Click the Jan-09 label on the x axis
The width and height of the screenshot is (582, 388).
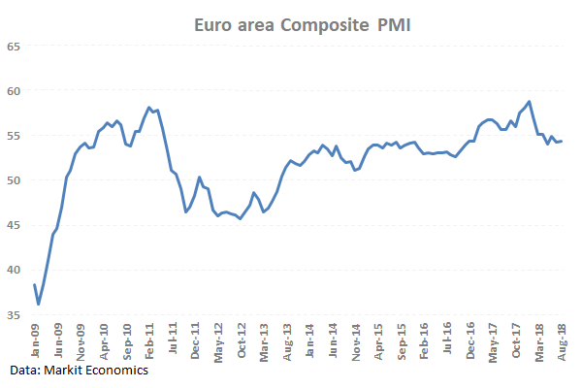[x=35, y=341]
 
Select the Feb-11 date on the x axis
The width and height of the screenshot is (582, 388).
[x=150, y=341]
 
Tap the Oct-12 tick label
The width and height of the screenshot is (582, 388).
[x=243, y=341]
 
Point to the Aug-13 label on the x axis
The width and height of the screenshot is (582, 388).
[x=289, y=341]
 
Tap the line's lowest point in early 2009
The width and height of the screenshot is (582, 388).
[x=39, y=305]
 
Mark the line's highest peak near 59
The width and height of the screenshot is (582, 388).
[x=529, y=101]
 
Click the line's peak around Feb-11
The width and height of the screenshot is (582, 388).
[x=148, y=107]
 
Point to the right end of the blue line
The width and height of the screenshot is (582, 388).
[x=563, y=141]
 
